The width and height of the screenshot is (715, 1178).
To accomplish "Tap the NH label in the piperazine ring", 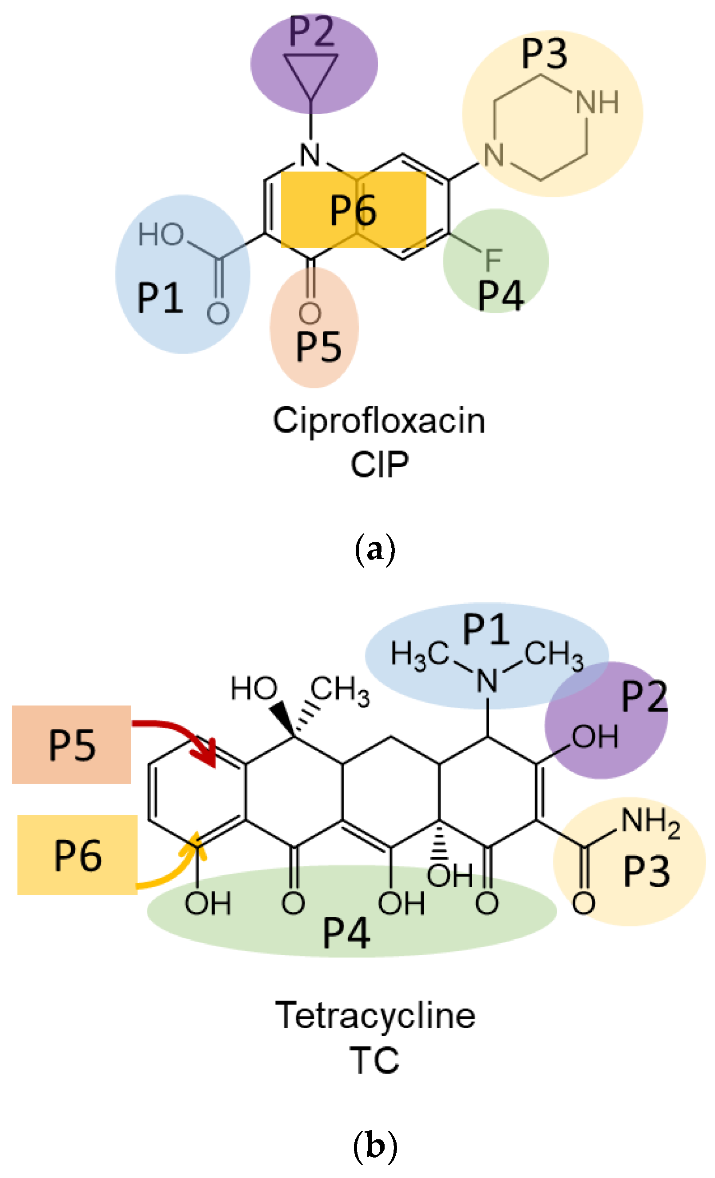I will click(x=596, y=102).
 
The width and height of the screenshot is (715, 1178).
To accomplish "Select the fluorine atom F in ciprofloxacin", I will click(x=493, y=260).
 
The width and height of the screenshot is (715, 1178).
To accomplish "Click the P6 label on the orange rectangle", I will click(x=353, y=211).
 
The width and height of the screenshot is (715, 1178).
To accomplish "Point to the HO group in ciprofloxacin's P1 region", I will click(x=161, y=235).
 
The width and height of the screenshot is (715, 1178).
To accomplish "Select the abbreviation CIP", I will click(x=379, y=464).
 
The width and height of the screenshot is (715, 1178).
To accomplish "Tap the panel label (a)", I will click(x=375, y=550).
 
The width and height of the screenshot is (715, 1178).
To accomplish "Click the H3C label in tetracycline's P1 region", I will click(x=419, y=654).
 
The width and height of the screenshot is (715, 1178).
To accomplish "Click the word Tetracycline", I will click(x=375, y=1015).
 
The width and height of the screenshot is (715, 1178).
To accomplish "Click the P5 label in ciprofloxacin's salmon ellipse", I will click(x=318, y=347).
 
